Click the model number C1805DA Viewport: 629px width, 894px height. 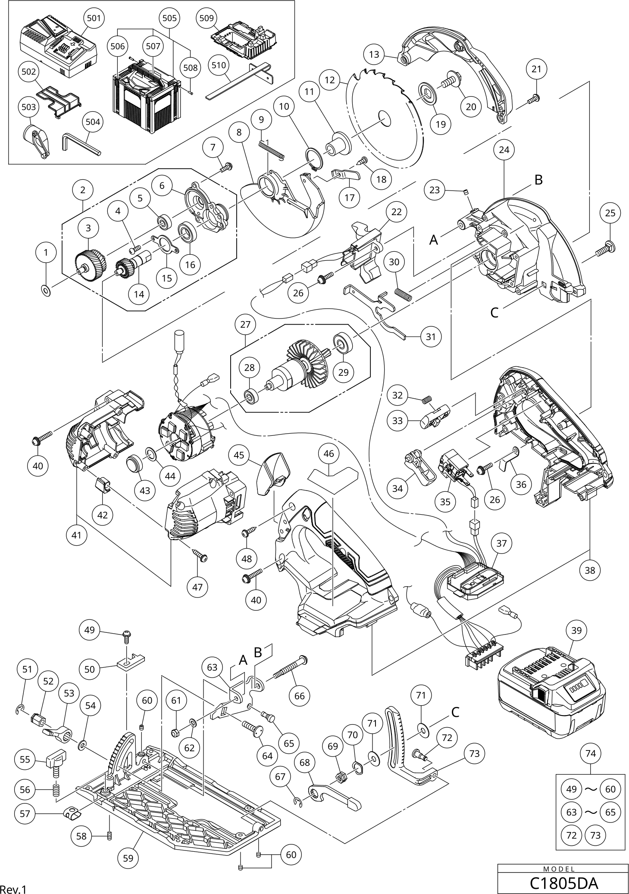(x=563, y=883)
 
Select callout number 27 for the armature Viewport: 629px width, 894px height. (x=245, y=324)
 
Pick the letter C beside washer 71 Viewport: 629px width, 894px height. (x=456, y=712)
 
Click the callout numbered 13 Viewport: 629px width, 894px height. (x=374, y=55)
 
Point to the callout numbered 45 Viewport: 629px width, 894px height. (x=239, y=455)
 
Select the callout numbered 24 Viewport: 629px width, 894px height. (x=504, y=150)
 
